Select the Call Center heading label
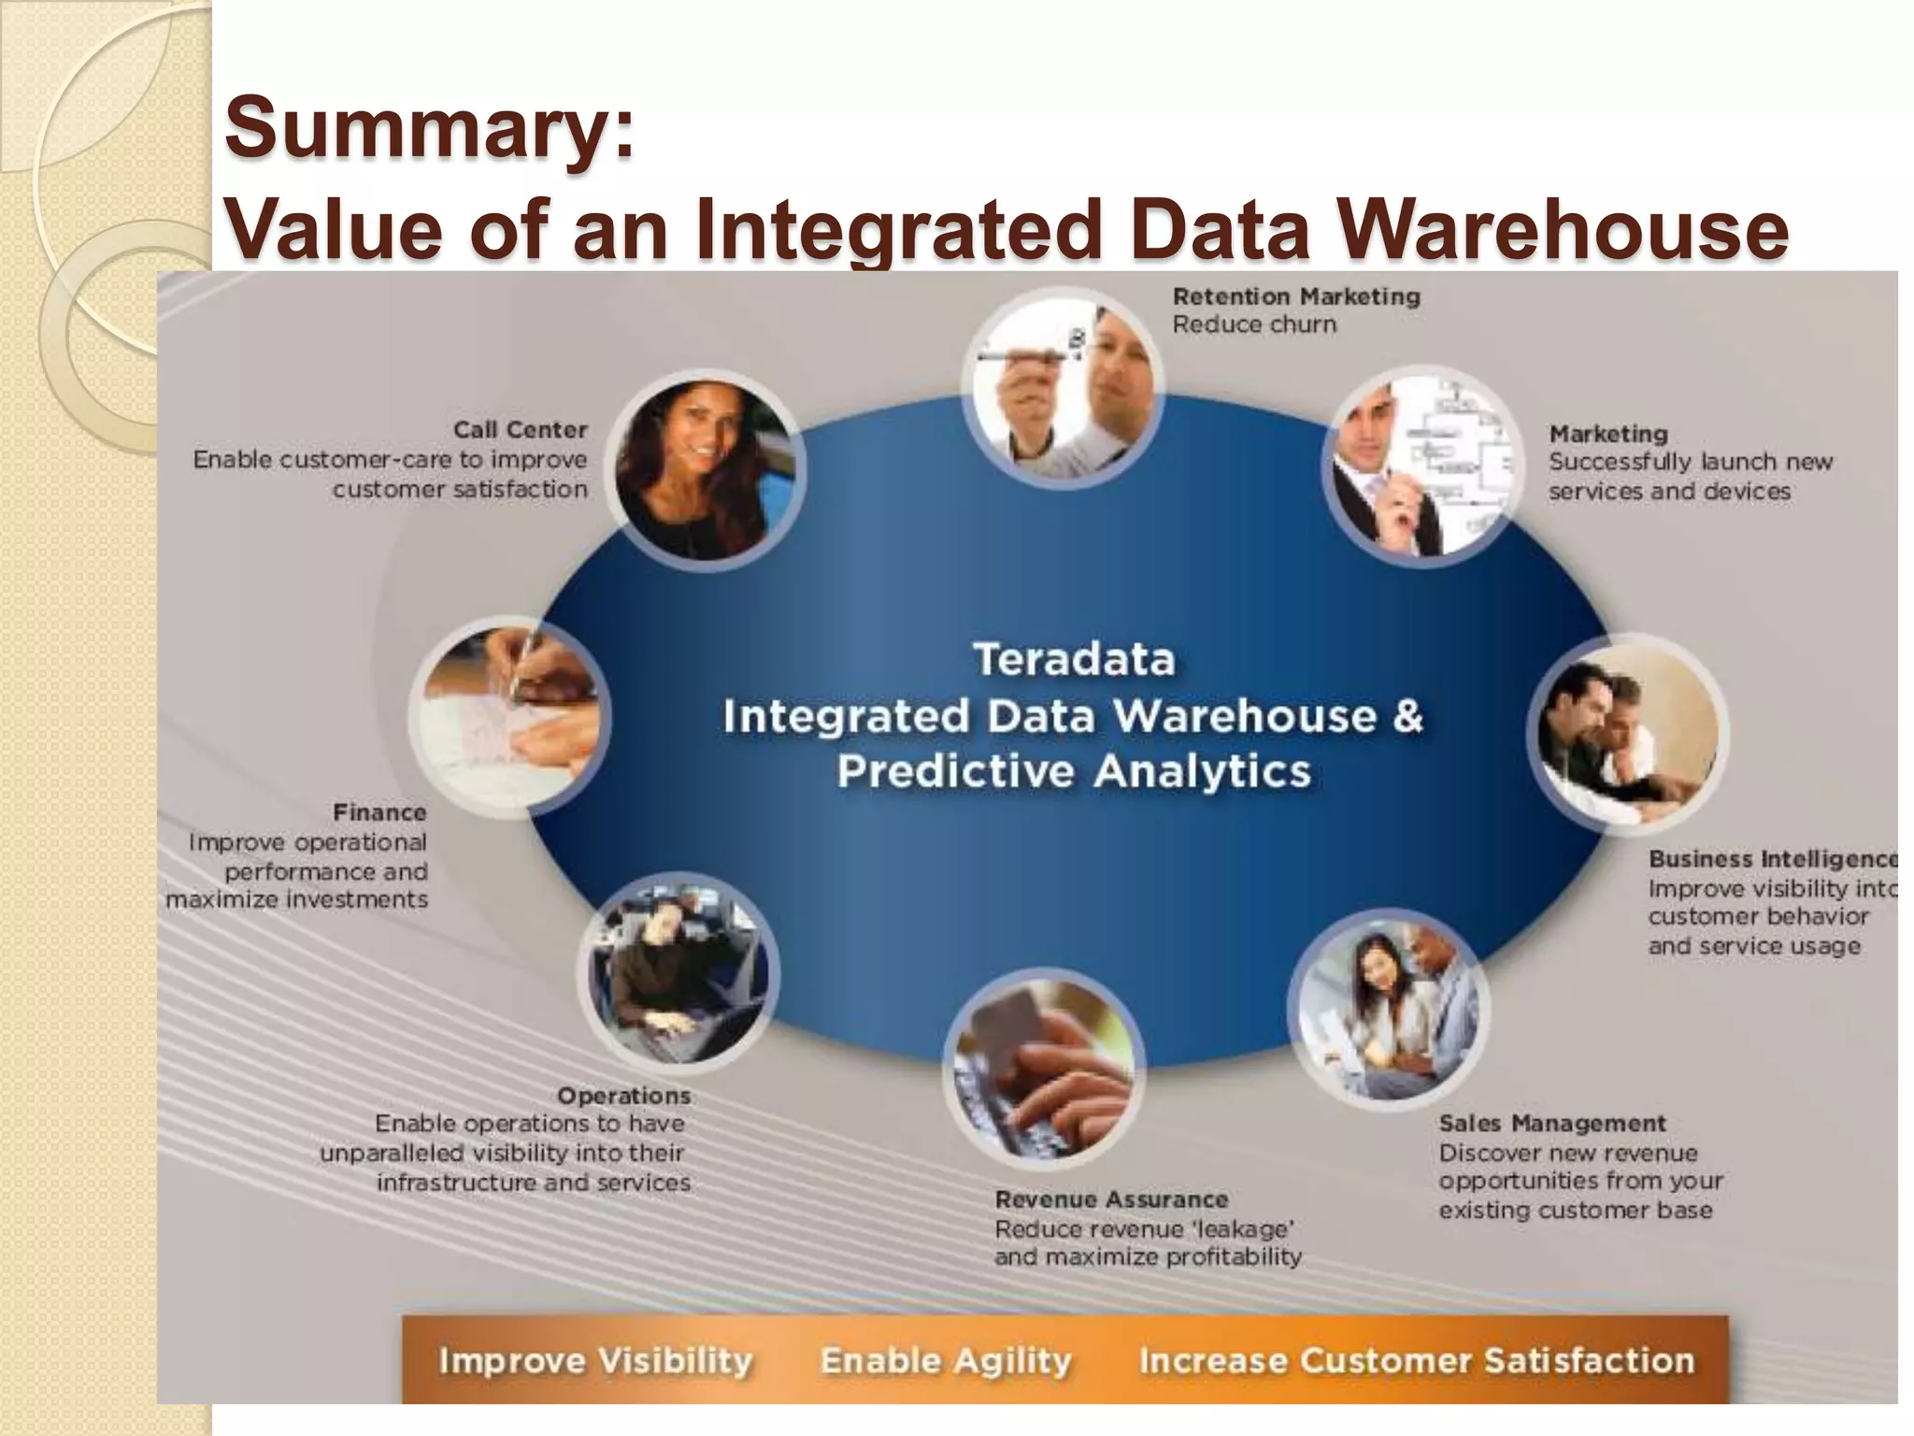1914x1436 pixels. [520, 430]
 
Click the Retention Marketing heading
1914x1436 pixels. [1296, 296]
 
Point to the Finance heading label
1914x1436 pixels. [379, 812]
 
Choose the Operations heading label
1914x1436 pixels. [623, 1095]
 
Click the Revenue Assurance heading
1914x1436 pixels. [1111, 1199]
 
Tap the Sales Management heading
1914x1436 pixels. [1552, 1123]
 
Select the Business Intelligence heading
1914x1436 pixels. [1772, 858]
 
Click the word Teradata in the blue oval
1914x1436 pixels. [1074, 659]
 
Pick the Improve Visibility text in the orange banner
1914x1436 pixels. [595, 1360]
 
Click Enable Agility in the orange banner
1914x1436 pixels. [946, 1360]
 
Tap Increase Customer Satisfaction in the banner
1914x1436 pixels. [1416, 1360]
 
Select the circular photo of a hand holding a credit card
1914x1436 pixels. [1043, 1068]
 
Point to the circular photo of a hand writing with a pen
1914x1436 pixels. [509, 718]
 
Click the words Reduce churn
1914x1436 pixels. [1254, 324]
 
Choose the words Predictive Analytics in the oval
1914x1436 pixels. [1074, 772]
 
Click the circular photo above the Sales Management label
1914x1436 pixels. [1388, 1010]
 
